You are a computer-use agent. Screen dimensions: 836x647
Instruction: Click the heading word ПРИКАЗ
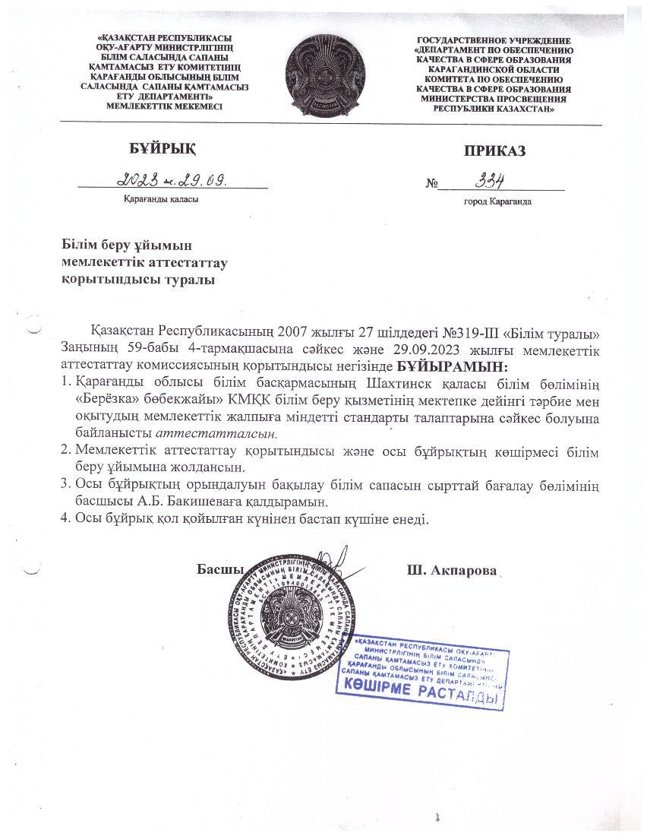tap(494, 150)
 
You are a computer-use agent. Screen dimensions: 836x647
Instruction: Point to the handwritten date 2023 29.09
tap(173, 179)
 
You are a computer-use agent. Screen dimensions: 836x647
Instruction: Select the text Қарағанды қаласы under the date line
tap(161, 199)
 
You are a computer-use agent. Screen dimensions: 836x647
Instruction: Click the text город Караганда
tap(497, 202)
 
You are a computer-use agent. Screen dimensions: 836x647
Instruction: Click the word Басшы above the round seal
tap(219, 569)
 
